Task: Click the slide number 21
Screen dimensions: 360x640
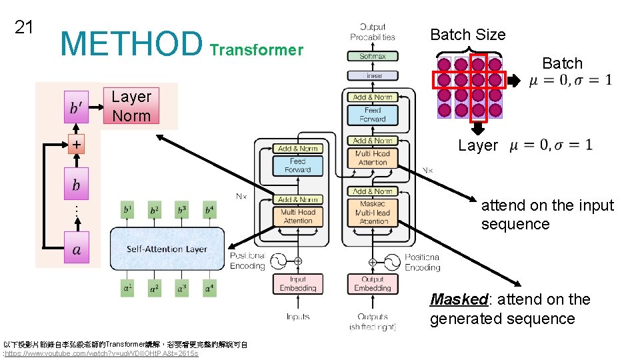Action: (x=24, y=27)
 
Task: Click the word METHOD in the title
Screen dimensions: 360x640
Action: (x=131, y=43)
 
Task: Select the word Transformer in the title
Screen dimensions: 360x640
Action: (x=256, y=50)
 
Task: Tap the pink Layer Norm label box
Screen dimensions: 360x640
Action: (x=131, y=106)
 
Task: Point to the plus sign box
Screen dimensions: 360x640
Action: (x=77, y=144)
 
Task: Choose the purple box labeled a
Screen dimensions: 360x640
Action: (x=77, y=250)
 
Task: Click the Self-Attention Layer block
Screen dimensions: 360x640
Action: (x=167, y=249)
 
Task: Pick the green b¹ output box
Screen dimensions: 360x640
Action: (x=127, y=210)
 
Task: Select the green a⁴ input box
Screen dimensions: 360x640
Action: (x=209, y=289)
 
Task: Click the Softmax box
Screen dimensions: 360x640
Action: (x=373, y=57)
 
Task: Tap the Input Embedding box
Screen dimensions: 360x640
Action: (x=297, y=284)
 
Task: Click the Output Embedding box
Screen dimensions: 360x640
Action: (x=373, y=284)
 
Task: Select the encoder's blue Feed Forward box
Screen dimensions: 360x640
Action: (x=297, y=165)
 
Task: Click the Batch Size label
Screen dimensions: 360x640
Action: (x=468, y=35)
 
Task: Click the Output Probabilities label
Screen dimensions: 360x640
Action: (x=373, y=32)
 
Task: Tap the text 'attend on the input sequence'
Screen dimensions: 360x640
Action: (x=547, y=214)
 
